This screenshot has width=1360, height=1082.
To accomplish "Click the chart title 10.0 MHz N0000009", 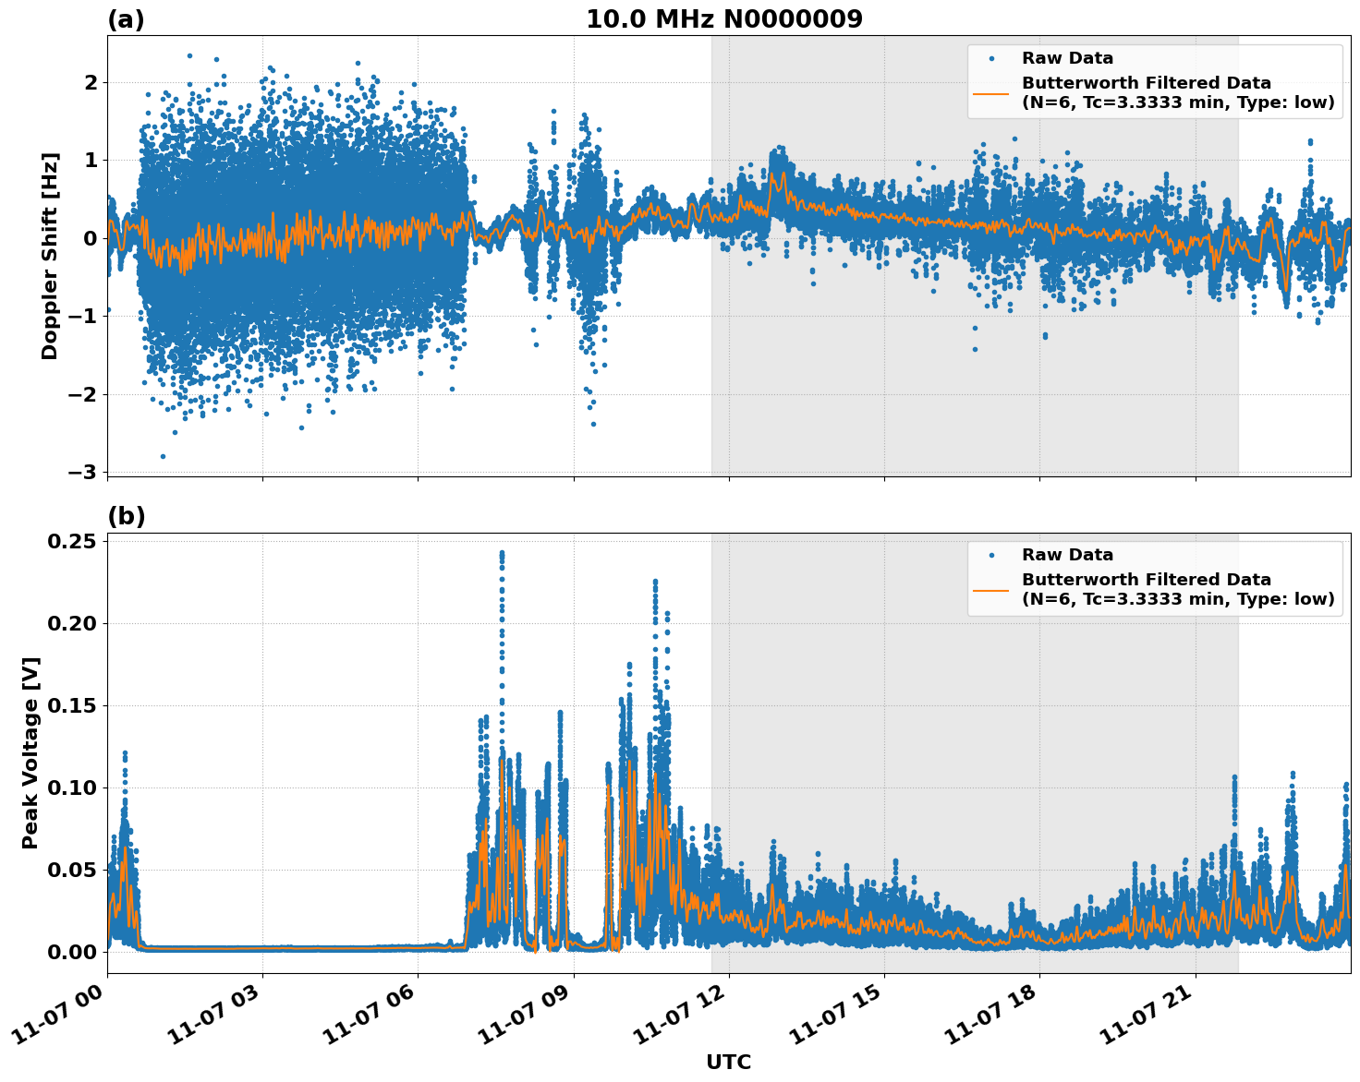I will (x=724, y=19).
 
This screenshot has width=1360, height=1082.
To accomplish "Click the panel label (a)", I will (x=126, y=19).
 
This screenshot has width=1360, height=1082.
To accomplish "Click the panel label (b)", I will (x=126, y=516).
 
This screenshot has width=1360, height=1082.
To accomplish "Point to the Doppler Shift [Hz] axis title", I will (x=50, y=256).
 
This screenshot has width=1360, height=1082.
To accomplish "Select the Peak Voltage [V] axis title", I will (x=30, y=752).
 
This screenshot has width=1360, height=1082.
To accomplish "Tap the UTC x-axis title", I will (x=728, y=1062).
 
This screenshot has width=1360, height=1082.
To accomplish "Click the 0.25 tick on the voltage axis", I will (x=72, y=541).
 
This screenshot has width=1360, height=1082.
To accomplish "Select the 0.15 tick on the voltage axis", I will (x=72, y=705).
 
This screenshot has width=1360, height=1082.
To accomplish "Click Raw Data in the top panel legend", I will (x=1067, y=58).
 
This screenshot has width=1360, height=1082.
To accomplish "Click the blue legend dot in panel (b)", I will (x=991, y=555).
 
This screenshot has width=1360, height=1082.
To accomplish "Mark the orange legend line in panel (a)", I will (x=991, y=92).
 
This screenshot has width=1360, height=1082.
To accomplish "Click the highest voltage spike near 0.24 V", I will (x=502, y=554).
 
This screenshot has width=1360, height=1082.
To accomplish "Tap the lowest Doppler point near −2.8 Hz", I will (x=163, y=456).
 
